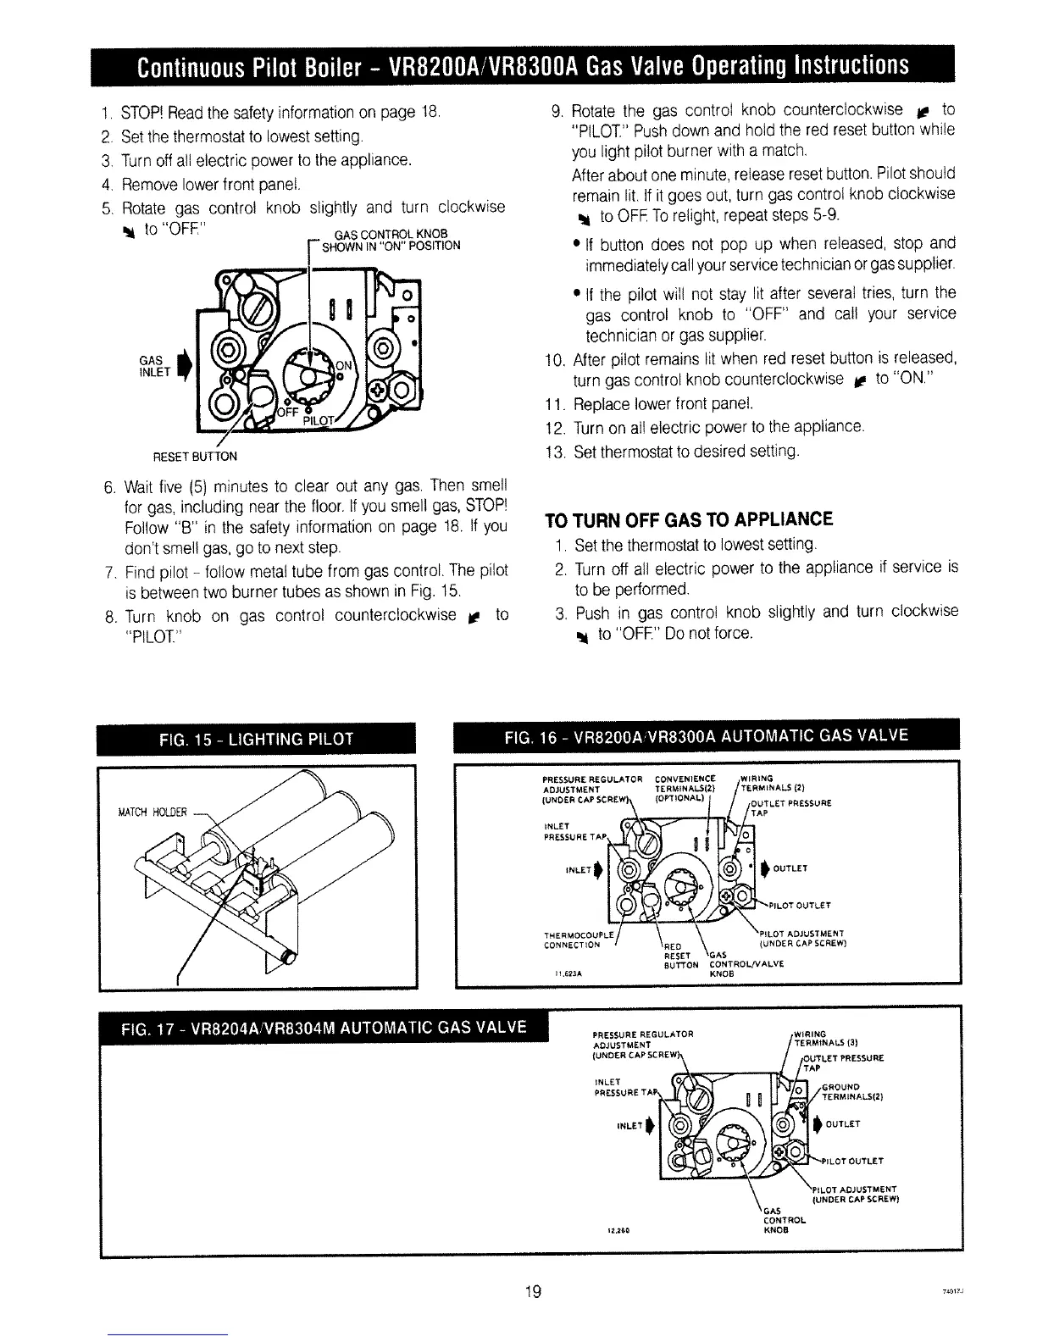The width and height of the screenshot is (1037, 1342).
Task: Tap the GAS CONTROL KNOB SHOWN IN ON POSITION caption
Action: [x=386, y=241]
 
